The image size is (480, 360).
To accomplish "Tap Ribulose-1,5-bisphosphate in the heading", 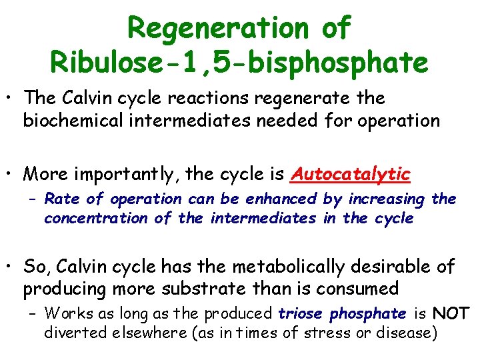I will (x=239, y=62).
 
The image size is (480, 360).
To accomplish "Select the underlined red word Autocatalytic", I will (x=351, y=174).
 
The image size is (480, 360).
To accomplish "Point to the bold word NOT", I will (x=451, y=313).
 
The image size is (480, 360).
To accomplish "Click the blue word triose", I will (x=301, y=313).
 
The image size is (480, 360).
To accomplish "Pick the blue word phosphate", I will (x=368, y=313).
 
